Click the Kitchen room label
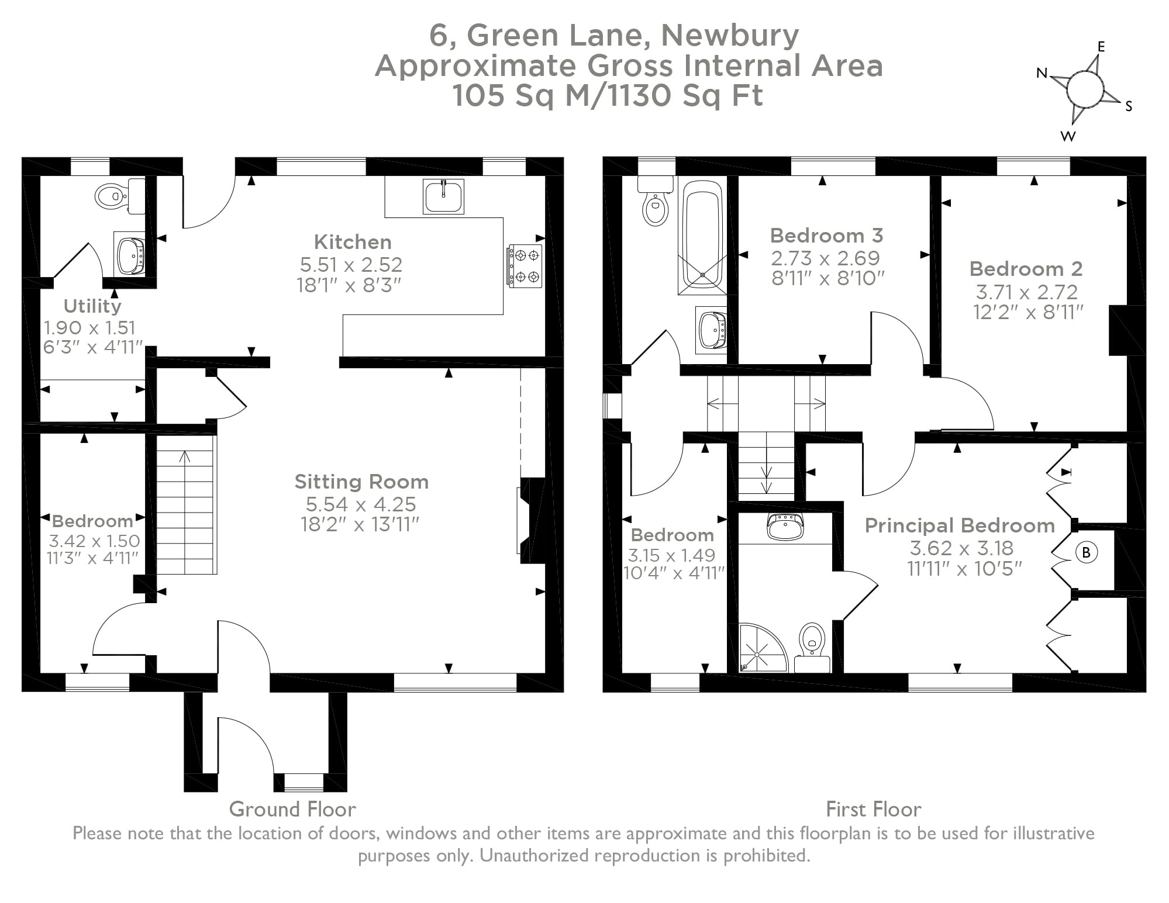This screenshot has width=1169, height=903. [x=352, y=242]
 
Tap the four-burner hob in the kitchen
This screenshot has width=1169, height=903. [x=525, y=265]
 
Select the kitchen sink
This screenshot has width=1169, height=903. [x=443, y=196]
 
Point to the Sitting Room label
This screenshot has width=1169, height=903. [x=361, y=482]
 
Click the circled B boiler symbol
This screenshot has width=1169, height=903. [x=1086, y=552]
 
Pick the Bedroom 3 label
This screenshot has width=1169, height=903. [x=826, y=236]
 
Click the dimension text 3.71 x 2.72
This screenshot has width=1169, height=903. [x=1026, y=291]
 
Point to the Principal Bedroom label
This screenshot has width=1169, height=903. [x=960, y=525]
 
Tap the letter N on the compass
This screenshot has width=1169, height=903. [x=1042, y=74]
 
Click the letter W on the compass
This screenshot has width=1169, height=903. [x=1067, y=137]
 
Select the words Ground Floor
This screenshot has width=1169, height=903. [x=292, y=809]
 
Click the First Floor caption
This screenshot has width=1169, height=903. [x=873, y=809]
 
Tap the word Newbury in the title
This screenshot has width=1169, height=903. [x=729, y=35]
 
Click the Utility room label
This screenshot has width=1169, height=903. [x=92, y=306]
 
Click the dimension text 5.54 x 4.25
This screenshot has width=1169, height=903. [x=361, y=504]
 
